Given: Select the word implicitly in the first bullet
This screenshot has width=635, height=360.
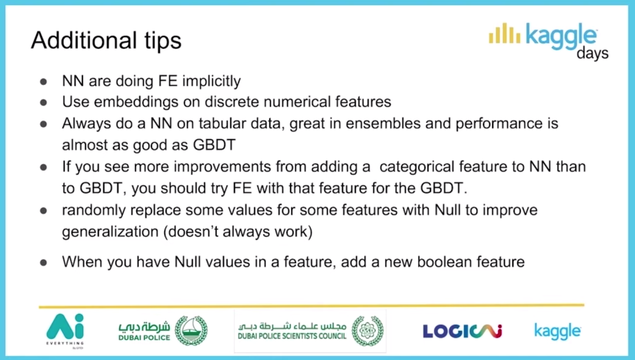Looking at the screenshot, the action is pos(212,81).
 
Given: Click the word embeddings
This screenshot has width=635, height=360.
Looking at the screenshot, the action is pos(136,102).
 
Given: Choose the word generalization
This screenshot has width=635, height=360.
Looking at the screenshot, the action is pos(110,232).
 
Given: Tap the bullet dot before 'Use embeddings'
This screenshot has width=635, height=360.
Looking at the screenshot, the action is pos(44,102).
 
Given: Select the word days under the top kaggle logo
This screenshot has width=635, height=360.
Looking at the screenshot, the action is pos(593,53).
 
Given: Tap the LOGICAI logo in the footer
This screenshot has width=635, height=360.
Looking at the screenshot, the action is pos(462,331).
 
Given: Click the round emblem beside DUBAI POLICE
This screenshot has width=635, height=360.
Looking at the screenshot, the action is pos(191,331).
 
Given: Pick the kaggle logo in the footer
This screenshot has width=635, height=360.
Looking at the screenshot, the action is pos(557,331).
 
